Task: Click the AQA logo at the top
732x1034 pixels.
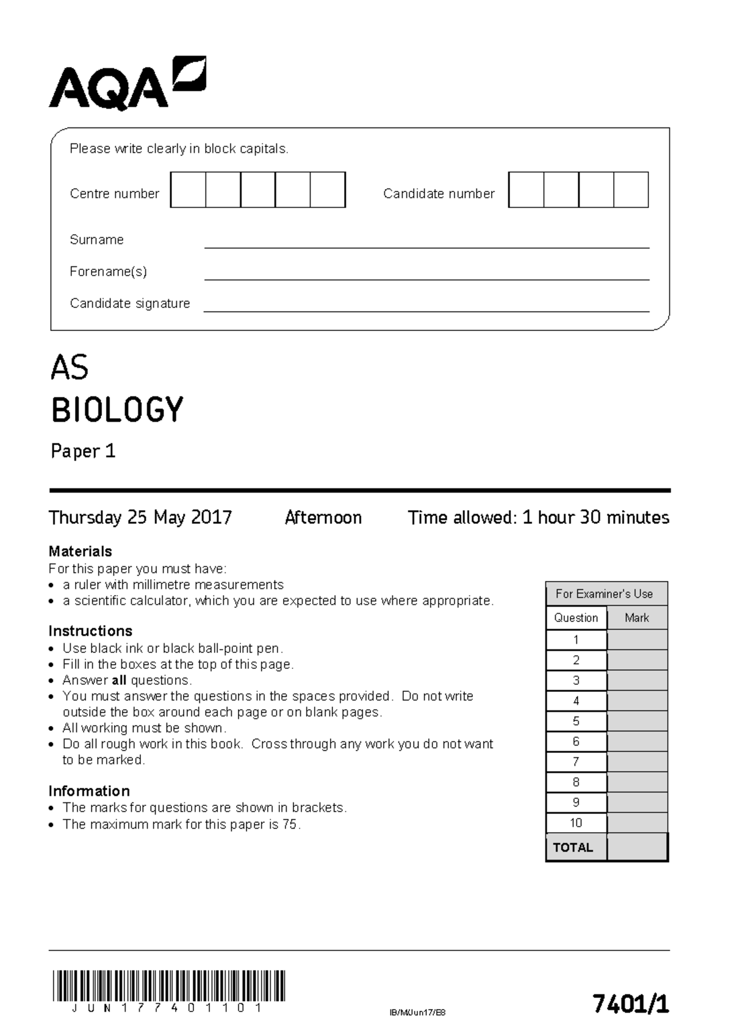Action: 127,84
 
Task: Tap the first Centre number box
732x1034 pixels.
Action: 188,190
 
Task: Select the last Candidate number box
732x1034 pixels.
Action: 631,190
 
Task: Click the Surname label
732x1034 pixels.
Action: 96,240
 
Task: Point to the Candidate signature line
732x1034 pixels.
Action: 426,310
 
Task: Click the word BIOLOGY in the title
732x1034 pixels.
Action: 117,410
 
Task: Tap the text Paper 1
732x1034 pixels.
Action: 83,451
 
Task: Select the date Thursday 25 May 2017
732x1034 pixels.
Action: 140,518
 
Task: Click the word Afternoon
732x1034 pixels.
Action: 323,518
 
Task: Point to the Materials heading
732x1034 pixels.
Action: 80,551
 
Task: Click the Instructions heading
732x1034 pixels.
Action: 90,631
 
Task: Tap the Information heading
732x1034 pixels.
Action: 89,791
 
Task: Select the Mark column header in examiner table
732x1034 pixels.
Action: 637,618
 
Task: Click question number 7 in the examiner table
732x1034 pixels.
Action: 576,762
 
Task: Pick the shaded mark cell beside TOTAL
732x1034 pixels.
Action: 637,847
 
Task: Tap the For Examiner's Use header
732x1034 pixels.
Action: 604,594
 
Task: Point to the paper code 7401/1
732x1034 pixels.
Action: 631,1004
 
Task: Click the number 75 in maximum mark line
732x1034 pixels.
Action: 290,824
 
